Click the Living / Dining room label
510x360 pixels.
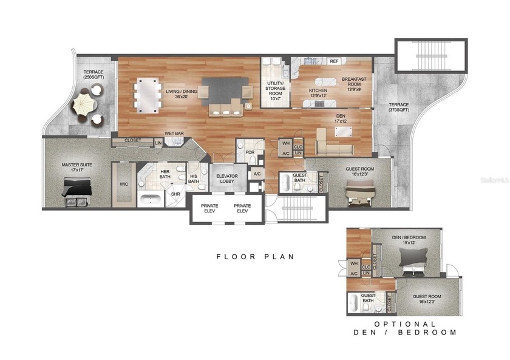(177, 95)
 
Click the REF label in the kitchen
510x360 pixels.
(333, 61)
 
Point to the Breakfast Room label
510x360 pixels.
(353, 84)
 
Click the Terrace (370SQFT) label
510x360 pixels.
(399, 107)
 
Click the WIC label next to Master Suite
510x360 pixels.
(124, 184)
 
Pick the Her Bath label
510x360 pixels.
(165, 175)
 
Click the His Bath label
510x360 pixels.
(194, 178)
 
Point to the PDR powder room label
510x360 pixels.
(249, 153)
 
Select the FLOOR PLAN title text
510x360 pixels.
(255, 257)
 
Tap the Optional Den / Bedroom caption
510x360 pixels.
(406, 328)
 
